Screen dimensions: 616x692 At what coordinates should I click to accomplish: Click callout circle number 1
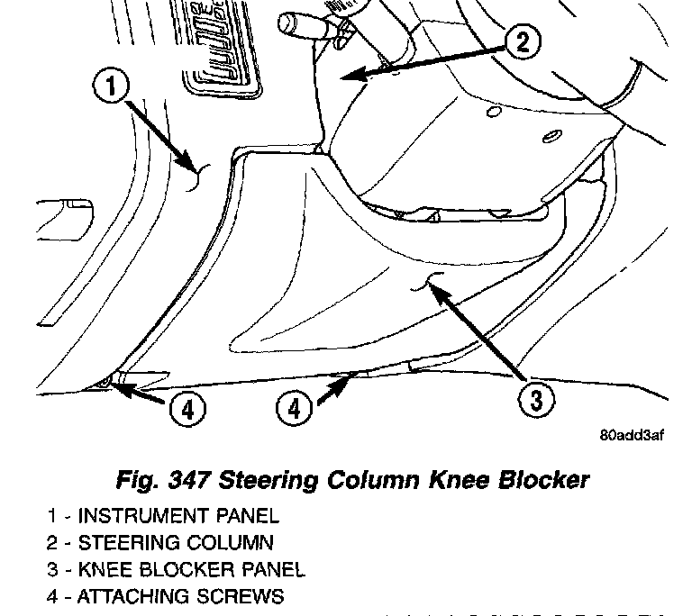112,88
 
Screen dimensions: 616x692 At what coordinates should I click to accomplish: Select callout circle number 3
536,399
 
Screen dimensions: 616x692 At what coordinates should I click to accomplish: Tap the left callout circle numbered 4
187,410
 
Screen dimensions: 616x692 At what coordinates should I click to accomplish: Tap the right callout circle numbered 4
294,409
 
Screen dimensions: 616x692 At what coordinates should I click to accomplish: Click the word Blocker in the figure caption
546,479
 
